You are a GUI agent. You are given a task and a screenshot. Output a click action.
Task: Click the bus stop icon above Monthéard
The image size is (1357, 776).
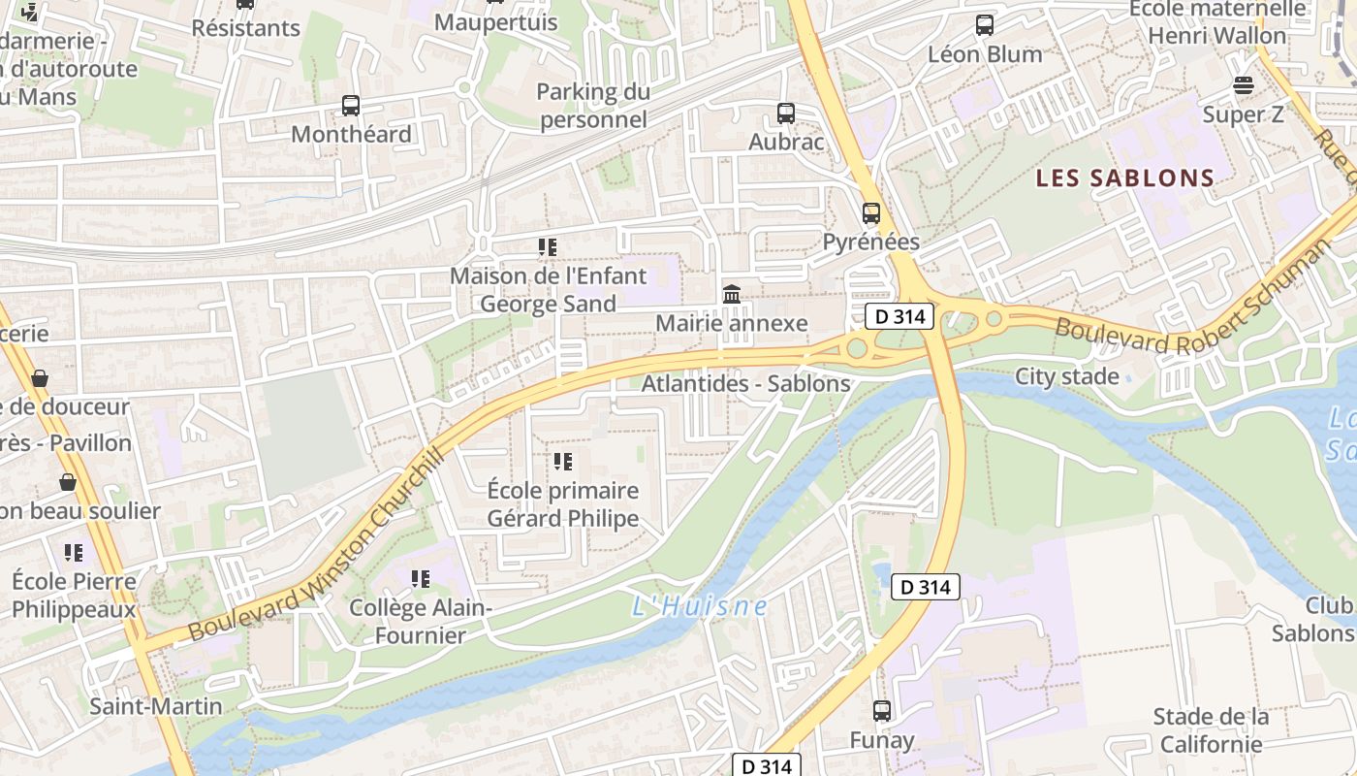point(351,106)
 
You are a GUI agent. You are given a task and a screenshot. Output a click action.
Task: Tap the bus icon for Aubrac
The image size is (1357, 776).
point(786,113)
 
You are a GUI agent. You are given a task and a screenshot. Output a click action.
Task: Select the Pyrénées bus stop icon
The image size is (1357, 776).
point(871,213)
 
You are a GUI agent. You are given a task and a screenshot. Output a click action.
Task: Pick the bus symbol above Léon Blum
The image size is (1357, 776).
point(985,25)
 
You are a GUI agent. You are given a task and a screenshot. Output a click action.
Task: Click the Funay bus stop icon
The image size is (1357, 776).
point(882,711)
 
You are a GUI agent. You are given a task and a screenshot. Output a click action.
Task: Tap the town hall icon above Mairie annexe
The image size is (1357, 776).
point(732,294)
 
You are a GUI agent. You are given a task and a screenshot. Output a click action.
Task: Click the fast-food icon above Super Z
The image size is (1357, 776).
point(1244,85)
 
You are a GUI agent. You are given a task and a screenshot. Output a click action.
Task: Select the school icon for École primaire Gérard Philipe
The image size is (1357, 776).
point(563,462)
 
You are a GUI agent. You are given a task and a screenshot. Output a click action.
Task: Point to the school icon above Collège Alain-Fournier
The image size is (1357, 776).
point(421,579)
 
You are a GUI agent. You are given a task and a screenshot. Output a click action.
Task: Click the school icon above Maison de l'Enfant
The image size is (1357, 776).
point(548,247)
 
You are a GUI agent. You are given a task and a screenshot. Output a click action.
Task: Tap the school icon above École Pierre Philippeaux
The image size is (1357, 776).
point(74,553)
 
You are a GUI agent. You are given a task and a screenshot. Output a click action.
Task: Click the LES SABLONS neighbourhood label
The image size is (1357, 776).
point(1124,178)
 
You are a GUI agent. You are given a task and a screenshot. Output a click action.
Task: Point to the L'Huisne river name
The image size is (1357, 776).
point(700,607)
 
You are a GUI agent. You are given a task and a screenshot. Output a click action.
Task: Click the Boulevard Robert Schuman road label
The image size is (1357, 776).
point(1193,299)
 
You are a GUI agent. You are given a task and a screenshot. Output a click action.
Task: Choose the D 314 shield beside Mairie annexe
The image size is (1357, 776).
point(899,315)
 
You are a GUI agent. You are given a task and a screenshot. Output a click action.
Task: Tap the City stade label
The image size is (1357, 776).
point(1067,376)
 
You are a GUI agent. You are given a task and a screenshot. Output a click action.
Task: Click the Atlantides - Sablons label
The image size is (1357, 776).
point(745,384)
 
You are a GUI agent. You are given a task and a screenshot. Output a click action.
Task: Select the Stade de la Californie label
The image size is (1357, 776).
point(1211,730)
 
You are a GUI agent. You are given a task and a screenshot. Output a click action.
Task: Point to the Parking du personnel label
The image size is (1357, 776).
point(593,106)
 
